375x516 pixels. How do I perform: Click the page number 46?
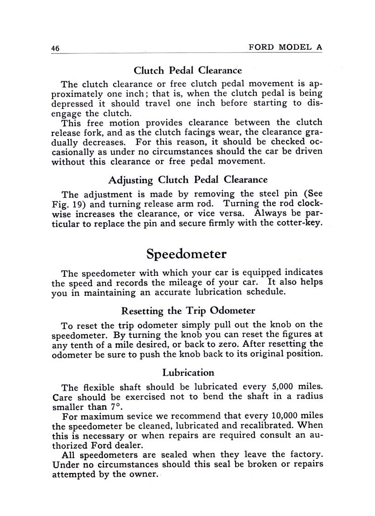click(56, 48)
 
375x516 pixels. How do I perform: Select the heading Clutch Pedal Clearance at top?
click(187, 71)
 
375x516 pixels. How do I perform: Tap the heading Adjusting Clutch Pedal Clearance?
click(187, 180)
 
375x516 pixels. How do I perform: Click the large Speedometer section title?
click(187, 254)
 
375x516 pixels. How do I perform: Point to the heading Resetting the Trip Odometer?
click(188, 311)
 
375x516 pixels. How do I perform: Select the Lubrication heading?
click(188, 373)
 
